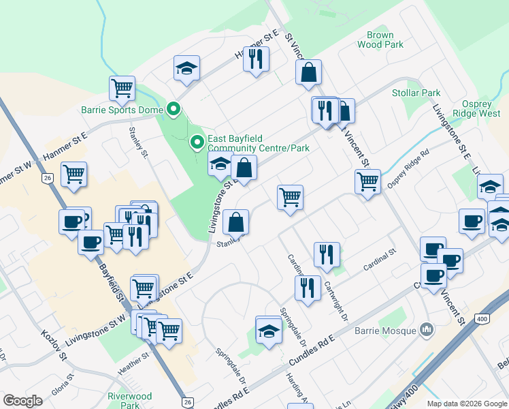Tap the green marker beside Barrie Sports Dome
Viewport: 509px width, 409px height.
click(174, 109)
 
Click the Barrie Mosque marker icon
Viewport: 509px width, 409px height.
click(427, 330)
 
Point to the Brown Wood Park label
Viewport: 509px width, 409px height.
click(380, 40)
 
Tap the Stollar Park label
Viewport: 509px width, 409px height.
click(416, 93)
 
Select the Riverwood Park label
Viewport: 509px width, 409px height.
click(130, 400)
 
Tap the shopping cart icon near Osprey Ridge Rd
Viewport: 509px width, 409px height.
click(367, 181)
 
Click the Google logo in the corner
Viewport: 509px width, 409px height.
click(23, 401)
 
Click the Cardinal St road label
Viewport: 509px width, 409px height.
click(380, 258)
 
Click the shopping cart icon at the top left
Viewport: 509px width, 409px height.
click(122, 87)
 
